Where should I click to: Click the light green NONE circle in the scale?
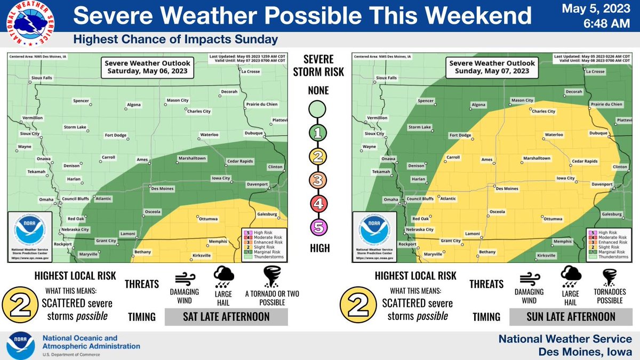pyautogui.click(x=318, y=110)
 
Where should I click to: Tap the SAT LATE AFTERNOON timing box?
pyautogui.click(x=226, y=317)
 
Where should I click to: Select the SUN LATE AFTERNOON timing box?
pyautogui.click(x=570, y=317)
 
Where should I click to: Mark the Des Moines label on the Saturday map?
pyautogui.click(x=162, y=188)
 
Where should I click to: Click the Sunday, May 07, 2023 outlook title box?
pyautogui.click(x=489, y=67)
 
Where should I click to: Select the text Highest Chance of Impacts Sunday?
pyautogui.click(x=175, y=39)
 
